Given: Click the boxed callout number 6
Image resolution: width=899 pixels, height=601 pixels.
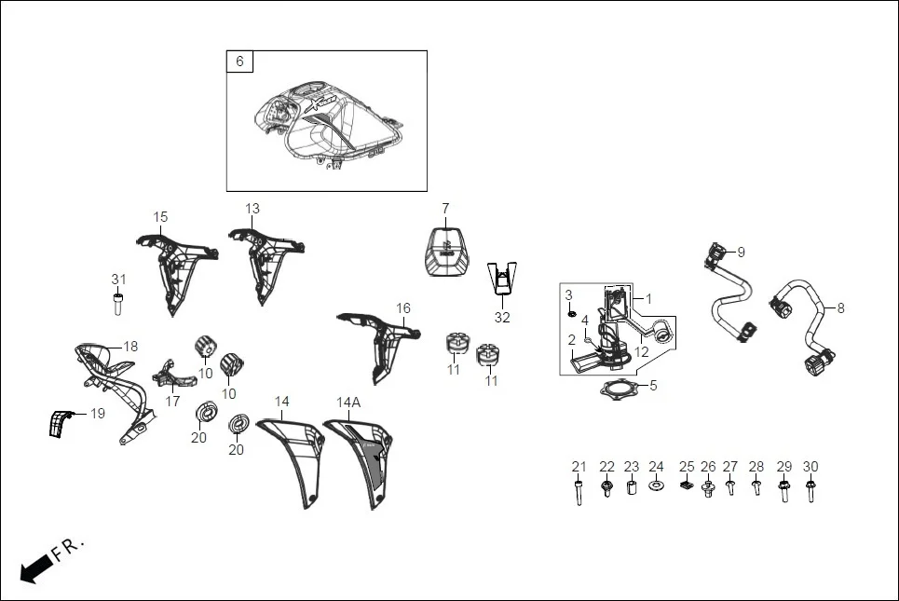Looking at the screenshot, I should click(x=239, y=61).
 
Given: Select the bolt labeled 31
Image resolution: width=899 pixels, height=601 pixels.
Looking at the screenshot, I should click(x=118, y=303).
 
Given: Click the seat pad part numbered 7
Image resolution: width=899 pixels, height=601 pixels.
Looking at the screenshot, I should click(x=446, y=252).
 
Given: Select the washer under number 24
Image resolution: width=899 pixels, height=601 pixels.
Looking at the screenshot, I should click(x=656, y=486).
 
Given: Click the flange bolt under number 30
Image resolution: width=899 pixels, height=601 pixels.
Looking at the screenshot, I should click(x=810, y=489).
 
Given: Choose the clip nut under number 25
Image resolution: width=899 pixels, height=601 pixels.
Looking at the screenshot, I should click(x=687, y=485).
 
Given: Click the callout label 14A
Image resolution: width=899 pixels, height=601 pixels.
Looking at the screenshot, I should click(x=348, y=402).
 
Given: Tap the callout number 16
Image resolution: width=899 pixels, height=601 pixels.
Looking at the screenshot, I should click(x=402, y=308).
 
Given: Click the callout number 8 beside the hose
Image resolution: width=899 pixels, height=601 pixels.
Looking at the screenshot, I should click(x=840, y=307).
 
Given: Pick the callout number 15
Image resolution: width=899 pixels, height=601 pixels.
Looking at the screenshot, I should click(x=160, y=217).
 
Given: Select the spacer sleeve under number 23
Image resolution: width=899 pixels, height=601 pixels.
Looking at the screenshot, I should click(x=631, y=488).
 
